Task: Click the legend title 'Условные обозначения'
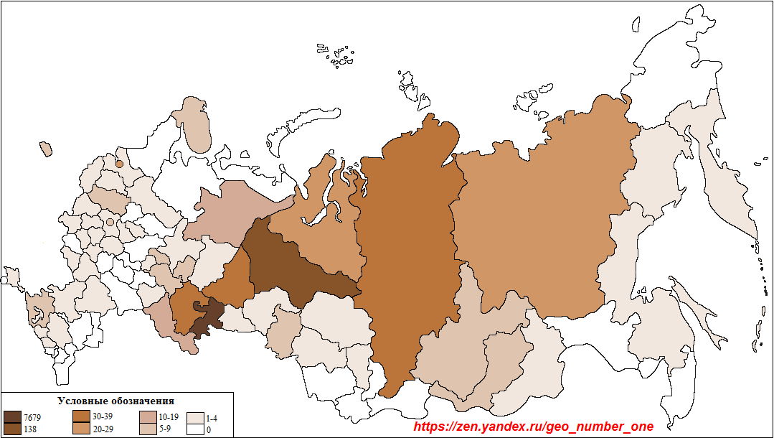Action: coord(115,401)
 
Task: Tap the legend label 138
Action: coord(30,429)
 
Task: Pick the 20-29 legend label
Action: coord(103,429)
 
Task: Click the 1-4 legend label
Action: coord(212,417)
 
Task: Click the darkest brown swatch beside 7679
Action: coord(12,417)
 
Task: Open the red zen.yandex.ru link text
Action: coord(534,427)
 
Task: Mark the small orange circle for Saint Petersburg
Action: coord(120,164)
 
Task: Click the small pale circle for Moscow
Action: coord(109,223)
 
